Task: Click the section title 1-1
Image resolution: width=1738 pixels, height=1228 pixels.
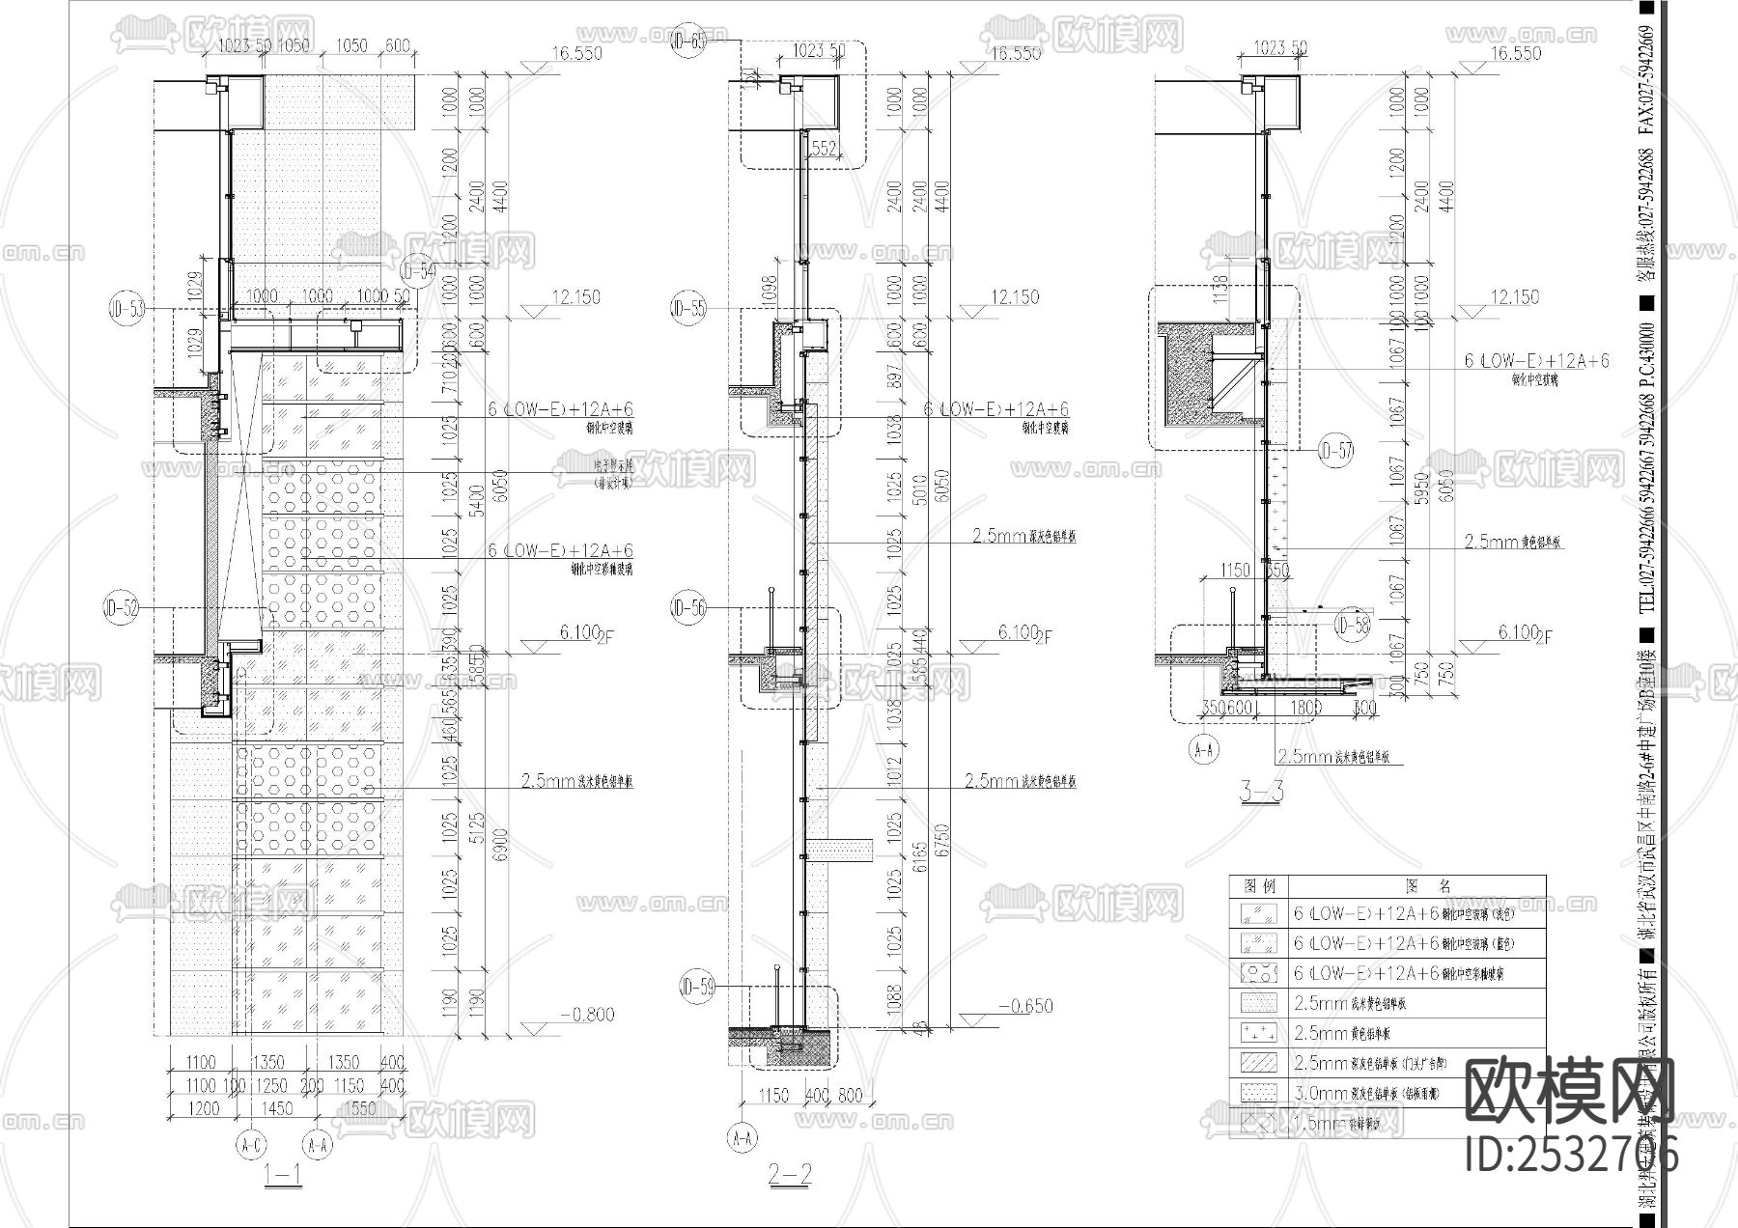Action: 285,1175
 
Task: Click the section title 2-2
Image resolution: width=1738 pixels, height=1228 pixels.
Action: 790,1175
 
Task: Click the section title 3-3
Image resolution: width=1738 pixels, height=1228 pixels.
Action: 1260,792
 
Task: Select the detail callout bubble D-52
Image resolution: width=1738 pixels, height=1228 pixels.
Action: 123,608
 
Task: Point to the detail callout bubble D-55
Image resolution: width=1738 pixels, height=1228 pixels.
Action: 688,309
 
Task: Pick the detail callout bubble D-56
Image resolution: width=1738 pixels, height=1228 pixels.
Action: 688,608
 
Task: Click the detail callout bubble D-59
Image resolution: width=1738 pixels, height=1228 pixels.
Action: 697,987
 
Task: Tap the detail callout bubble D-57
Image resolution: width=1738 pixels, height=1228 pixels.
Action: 1336,450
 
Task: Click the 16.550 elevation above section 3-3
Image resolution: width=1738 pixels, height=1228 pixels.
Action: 1515,54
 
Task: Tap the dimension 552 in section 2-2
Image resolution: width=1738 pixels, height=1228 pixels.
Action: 824,148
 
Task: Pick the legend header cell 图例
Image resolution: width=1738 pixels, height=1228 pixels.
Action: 1260,885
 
